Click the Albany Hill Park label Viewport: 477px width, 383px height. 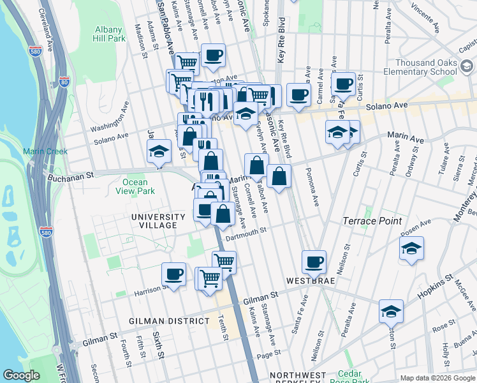[x=109, y=34]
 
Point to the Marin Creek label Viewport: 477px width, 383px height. [x=40, y=151]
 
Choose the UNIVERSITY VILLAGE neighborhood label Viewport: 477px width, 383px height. [x=158, y=221]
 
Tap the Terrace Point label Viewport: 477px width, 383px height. [x=372, y=221]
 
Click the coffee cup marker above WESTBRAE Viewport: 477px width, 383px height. [x=314, y=261]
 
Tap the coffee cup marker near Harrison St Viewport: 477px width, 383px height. [x=173, y=274]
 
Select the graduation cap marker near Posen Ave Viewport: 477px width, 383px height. [x=412, y=248]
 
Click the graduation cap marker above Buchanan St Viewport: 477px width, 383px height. [x=159, y=151]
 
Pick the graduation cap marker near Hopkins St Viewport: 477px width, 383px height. [x=390, y=311]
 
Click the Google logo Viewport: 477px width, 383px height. [x=21, y=375]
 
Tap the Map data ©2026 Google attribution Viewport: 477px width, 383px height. [x=437, y=378]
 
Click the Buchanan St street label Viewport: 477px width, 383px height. [x=69, y=174]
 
